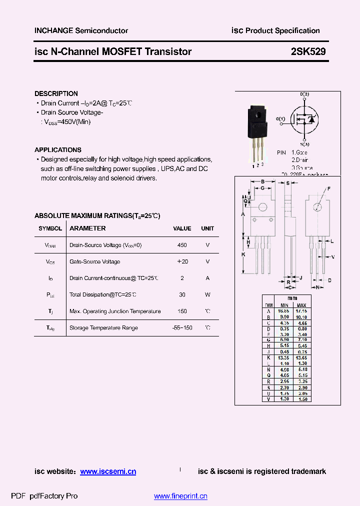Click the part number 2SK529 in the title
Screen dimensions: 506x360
coord(308,51)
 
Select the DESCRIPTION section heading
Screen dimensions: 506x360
coord(56,93)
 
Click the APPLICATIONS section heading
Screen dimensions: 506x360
coord(57,149)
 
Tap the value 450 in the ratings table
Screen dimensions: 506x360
coord(182,245)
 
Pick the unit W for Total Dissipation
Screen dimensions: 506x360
coord(207,295)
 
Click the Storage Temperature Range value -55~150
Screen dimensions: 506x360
coord(182,328)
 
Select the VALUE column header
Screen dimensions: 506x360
coord(182,228)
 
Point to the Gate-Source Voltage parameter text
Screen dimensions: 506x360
coord(94,262)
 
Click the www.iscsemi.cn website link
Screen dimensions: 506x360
coord(108,471)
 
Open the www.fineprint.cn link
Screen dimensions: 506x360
coord(180,496)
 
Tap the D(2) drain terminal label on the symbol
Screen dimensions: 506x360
coord(304,94)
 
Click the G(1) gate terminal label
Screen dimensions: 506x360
coord(280,119)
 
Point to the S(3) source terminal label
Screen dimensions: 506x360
coord(304,144)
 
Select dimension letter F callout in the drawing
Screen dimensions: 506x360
coord(329,188)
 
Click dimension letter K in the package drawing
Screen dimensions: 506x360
coord(243,254)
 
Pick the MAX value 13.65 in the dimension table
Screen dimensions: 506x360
coord(301,358)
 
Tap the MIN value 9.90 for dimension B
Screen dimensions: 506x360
coord(284,317)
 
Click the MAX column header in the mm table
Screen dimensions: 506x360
coord(301,305)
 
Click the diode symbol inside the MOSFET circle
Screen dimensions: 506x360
coord(311,119)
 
